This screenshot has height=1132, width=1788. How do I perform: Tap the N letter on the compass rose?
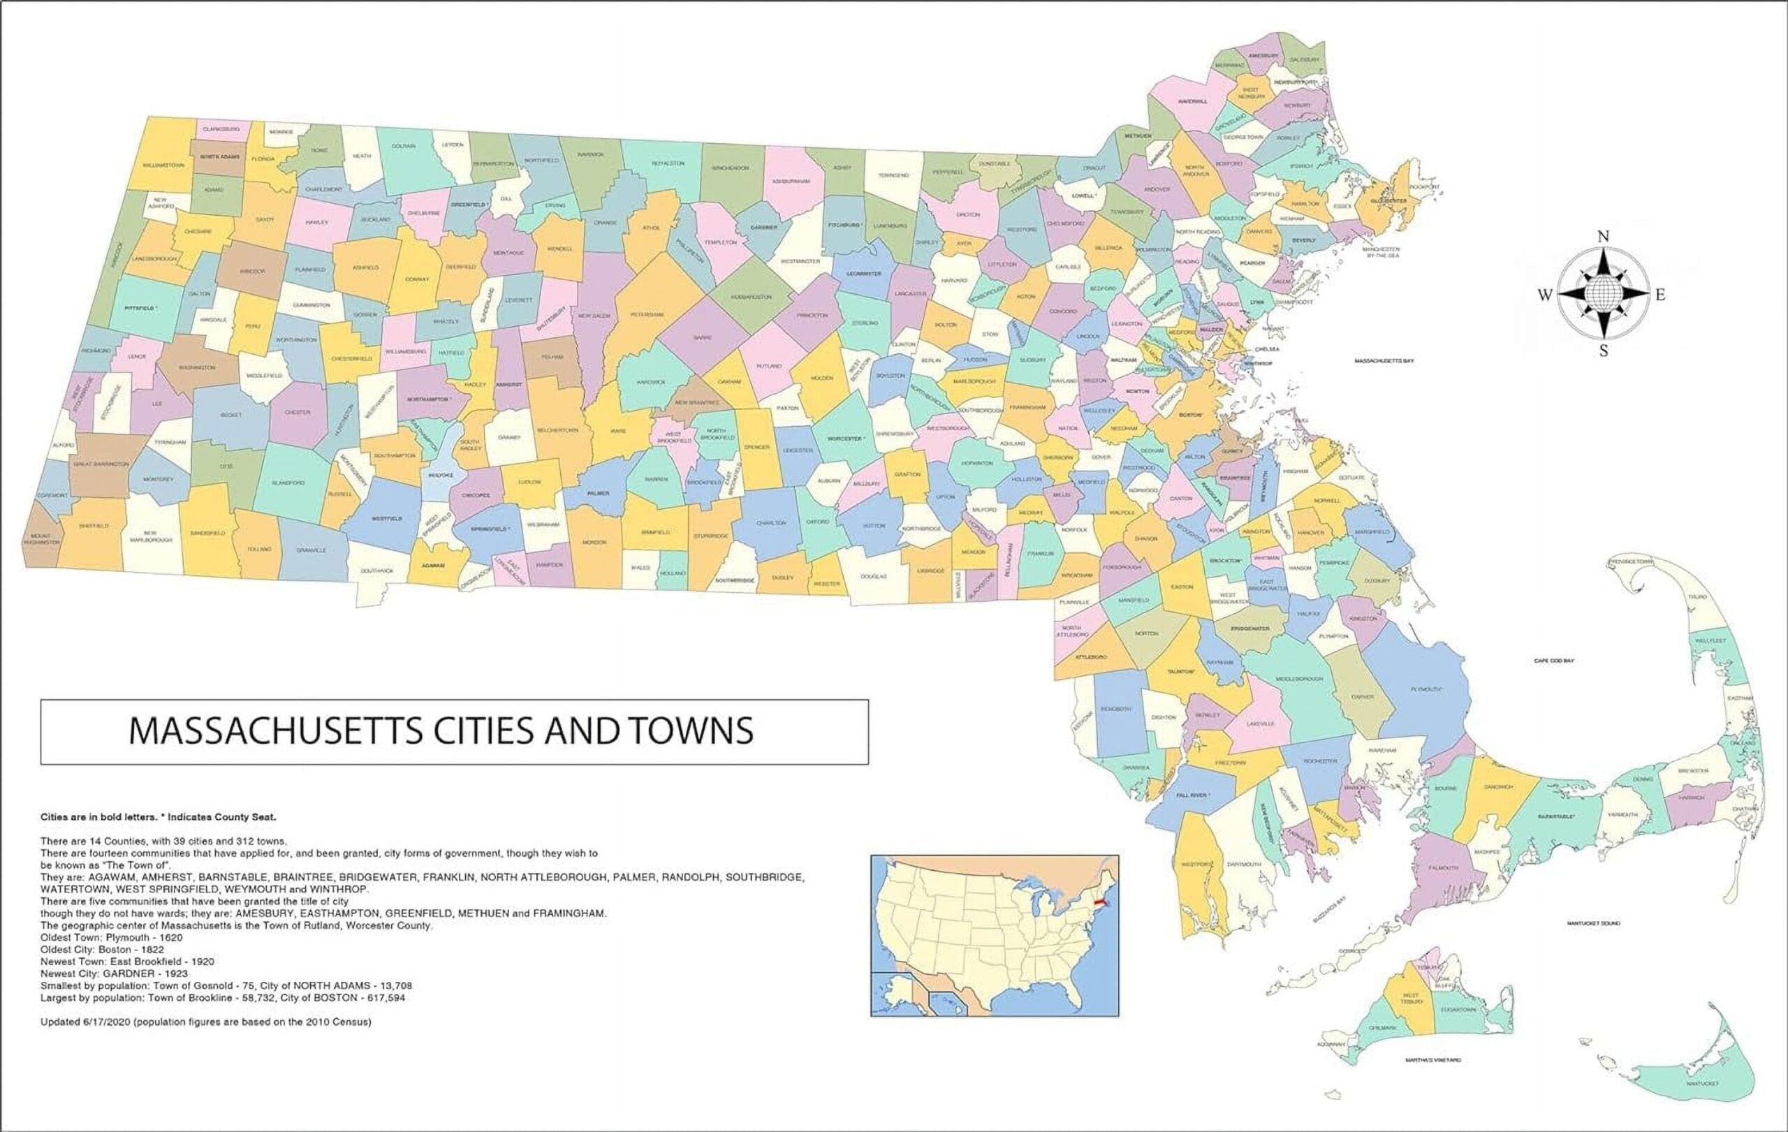click(1603, 237)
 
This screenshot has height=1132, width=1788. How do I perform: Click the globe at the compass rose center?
click(1603, 295)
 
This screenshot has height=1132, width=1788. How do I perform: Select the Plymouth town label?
click(1426, 689)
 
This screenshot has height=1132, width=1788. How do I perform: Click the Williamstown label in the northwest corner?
click(163, 165)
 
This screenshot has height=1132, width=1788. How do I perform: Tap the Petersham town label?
click(647, 315)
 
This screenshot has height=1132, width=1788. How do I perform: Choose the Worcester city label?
click(846, 439)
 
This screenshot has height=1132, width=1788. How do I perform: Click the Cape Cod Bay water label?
click(1554, 660)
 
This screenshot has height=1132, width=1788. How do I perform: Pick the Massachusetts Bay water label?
click(1384, 361)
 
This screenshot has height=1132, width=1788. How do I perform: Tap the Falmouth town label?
click(1443, 867)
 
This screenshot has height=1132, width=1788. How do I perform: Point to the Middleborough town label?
click(1299, 679)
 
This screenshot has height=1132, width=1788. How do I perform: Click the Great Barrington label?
click(101, 464)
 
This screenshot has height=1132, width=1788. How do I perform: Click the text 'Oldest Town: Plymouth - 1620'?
click(111, 938)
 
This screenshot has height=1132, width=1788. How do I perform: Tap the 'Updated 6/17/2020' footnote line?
click(205, 1022)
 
